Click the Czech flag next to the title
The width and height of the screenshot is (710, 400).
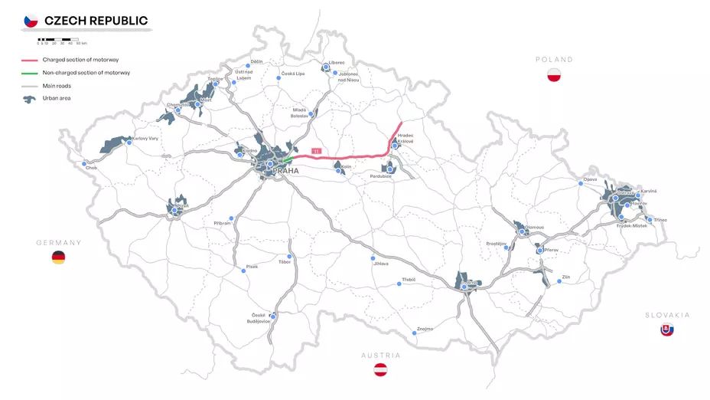click(x=31, y=21)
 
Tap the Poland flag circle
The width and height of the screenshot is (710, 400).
click(x=555, y=75)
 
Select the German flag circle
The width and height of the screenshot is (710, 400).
click(x=58, y=257)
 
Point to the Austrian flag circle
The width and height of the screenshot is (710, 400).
click(x=380, y=370)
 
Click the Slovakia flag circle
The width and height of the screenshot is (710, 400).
click(x=667, y=330)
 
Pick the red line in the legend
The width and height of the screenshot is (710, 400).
click(x=30, y=60)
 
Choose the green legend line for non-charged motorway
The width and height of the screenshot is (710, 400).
click(x=30, y=73)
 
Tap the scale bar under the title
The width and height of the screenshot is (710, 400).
click(x=57, y=38)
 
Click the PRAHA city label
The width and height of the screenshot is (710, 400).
click(x=285, y=171)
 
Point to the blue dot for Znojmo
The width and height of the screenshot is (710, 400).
click(x=412, y=333)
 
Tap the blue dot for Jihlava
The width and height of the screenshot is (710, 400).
click(x=373, y=257)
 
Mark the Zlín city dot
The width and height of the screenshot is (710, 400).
click(x=559, y=281)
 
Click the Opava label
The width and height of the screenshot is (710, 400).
click(x=590, y=179)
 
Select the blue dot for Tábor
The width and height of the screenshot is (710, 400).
click(x=289, y=256)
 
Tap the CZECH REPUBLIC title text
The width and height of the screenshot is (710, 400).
click(x=96, y=21)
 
